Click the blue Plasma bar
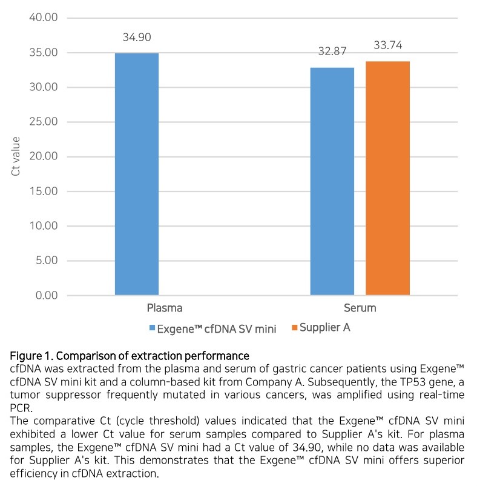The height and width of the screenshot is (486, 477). (x=136, y=175)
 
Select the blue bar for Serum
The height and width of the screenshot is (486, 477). (x=332, y=181)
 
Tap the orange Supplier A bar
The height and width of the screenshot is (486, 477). (x=387, y=178)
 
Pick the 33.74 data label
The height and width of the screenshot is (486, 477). (x=387, y=45)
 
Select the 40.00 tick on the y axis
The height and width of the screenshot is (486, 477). (x=43, y=18)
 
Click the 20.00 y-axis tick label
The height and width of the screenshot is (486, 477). (x=43, y=157)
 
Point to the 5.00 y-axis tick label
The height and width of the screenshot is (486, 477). (x=45, y=261)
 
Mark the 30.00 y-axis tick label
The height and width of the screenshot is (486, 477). (x=43, y=87)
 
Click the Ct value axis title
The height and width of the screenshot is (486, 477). (x=16, y=156)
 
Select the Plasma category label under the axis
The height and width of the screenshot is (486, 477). (x=165, y=308)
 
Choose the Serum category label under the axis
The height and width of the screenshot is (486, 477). (x=360, y=308)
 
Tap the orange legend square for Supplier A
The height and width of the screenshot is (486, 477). (x=295, y=328)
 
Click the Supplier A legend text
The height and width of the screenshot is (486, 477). (x=325, y=328)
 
